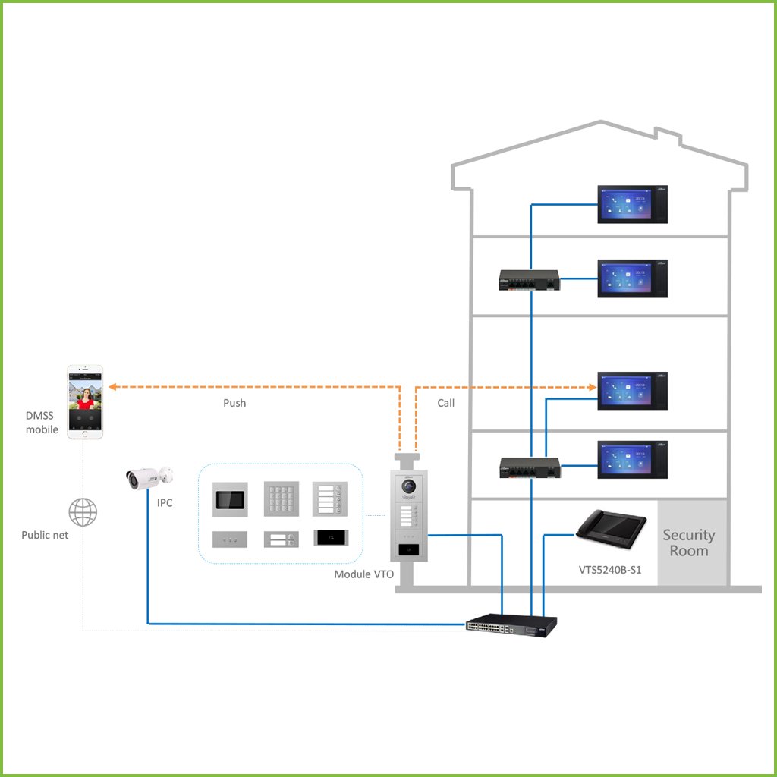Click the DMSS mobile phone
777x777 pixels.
85,401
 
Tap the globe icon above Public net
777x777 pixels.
83,512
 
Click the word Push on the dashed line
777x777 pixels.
234,403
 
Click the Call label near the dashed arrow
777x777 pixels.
446,403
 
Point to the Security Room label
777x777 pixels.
688,543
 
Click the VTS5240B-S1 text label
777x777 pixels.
610,569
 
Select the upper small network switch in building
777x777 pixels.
528,280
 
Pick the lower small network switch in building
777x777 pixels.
529,467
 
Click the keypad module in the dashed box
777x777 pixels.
280,499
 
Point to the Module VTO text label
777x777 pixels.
363,574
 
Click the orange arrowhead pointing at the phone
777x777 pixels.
112,386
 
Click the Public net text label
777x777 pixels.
45,535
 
